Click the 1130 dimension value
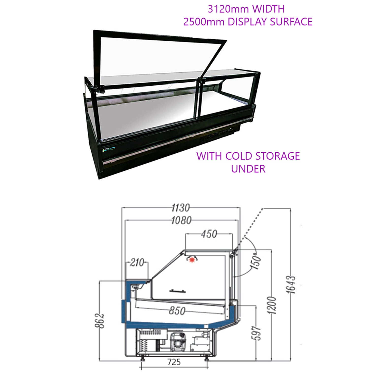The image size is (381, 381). (181, 208)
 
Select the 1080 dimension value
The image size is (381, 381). (181, 220)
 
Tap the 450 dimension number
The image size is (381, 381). (209, 234)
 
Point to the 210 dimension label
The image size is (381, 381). (137, 262)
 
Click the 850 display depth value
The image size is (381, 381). (177, 311)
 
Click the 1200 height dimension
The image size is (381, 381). (272, 305)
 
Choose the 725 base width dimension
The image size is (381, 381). (174, 362)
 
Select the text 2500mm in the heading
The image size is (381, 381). (204, 22)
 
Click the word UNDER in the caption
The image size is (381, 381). (248, 169)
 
